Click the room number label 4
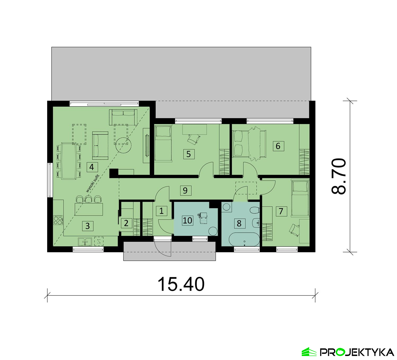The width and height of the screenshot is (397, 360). pos(92,167)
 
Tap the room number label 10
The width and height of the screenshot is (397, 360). pos(188,220)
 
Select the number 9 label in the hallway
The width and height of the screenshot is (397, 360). pos(185,190)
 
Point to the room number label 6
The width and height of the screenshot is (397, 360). pos(278,146)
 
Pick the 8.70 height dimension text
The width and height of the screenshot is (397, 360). pos(339,176)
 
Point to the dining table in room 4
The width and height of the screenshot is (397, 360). pos(69,161)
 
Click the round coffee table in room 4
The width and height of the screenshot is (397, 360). pos(123,145)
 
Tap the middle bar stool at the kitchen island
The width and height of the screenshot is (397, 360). pos(88,199)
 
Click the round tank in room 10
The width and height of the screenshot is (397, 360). pos(213,231)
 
